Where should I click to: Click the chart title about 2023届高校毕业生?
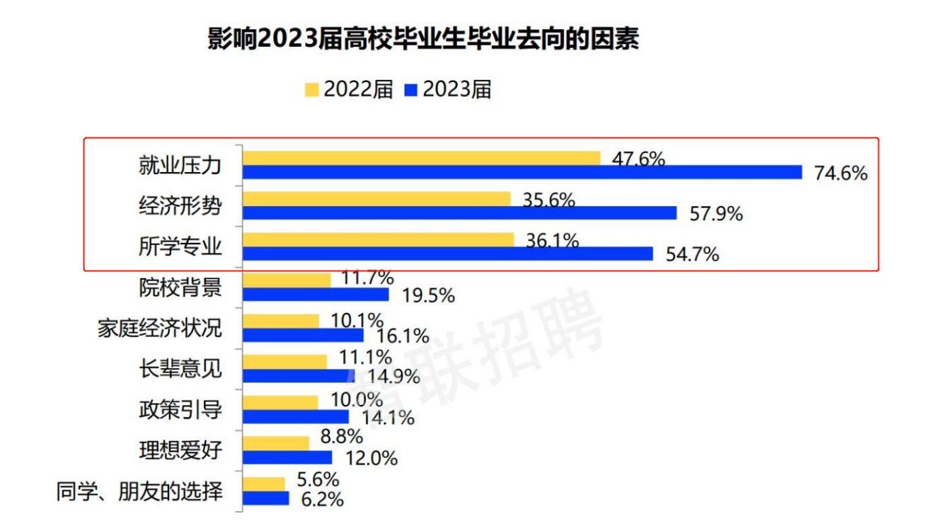pos(422,40)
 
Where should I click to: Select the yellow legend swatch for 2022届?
pos(311,90)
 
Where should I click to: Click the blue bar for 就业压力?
pos(522,173)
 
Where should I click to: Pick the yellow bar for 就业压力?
pos(421,159)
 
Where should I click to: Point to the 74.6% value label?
pos(840,173)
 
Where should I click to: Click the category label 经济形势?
pos(180,206)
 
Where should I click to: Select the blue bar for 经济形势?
pos(459,213)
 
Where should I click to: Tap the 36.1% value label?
pos(552,241)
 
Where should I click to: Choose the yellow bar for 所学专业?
pos(378,240)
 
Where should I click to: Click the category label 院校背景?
pos(180,288)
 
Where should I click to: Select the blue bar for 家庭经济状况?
pos(303,335)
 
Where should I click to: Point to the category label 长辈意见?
pos(180,368)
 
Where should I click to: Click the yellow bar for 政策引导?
pos(280,402)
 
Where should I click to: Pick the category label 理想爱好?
pos(180,450)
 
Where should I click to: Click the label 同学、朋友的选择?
pos(139,491)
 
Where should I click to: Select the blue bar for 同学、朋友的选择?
pos(266,499)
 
